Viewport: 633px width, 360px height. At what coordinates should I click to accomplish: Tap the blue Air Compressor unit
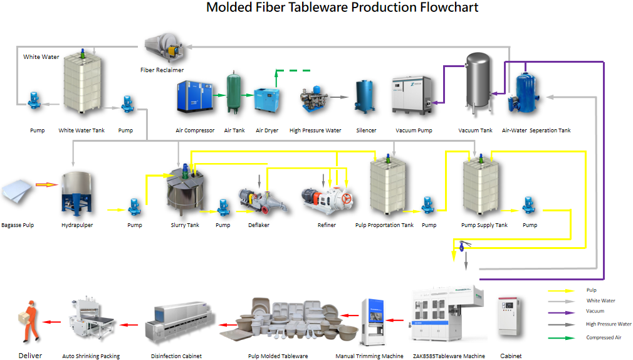pyautogui.click(x=192, y=97)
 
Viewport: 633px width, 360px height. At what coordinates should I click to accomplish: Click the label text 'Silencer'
pyautogui.click(x=366, y=130)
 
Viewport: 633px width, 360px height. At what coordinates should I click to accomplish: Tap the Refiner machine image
pyautogui.click(x=326, y=200)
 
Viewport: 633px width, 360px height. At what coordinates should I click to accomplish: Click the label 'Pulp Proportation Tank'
pyautogui.click(x=384, y=225)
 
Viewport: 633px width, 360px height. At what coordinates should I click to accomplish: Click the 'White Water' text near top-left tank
pyautogui.click(x=41, y=57)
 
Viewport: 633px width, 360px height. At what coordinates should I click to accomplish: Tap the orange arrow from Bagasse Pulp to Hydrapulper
pyautogui.click(x=46, y=185)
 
